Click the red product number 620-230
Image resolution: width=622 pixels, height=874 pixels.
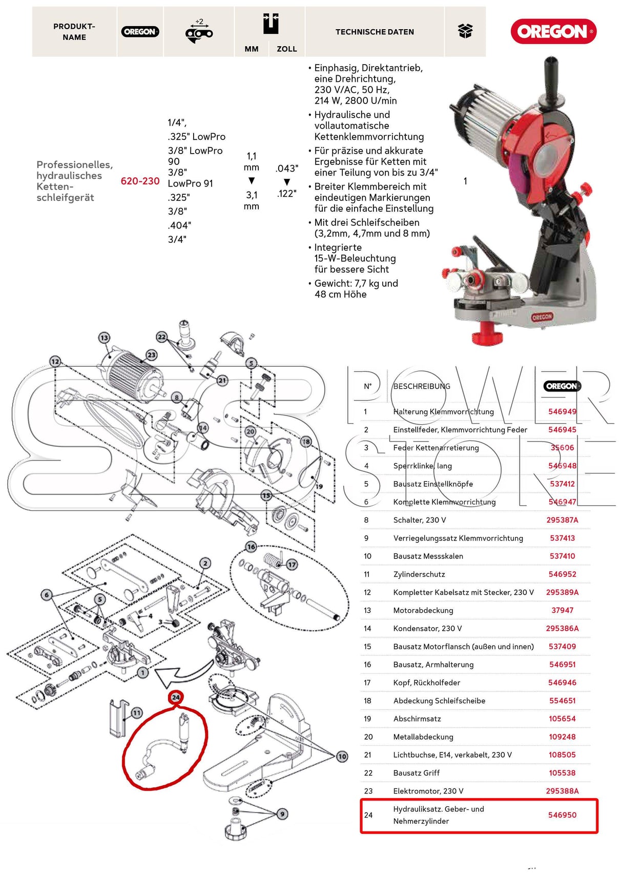point(140,181)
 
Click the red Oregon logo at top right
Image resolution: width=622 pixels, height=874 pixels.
point(553,32)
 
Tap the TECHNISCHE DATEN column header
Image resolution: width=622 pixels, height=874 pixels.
point(375,32)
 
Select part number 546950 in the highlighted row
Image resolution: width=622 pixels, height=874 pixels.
point(562,815)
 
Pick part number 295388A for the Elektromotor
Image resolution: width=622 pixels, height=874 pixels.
point(562,791)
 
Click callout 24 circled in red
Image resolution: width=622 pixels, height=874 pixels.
point(176,697)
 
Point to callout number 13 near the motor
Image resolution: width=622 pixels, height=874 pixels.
point(104,338)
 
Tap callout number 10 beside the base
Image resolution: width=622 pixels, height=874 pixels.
point(342,756)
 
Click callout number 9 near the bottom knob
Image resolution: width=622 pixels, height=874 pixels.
point(282,814)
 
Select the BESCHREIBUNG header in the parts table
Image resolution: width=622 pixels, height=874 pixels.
point(421,386)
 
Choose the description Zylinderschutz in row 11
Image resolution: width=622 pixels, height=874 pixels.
point(419,574)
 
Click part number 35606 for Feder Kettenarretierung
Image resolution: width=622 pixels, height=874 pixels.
point(562,448)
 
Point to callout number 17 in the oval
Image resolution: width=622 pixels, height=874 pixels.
point(292,565)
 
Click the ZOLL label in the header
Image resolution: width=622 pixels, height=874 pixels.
point(286,49)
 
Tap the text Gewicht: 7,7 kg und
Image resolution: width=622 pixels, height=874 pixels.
point(356,283)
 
